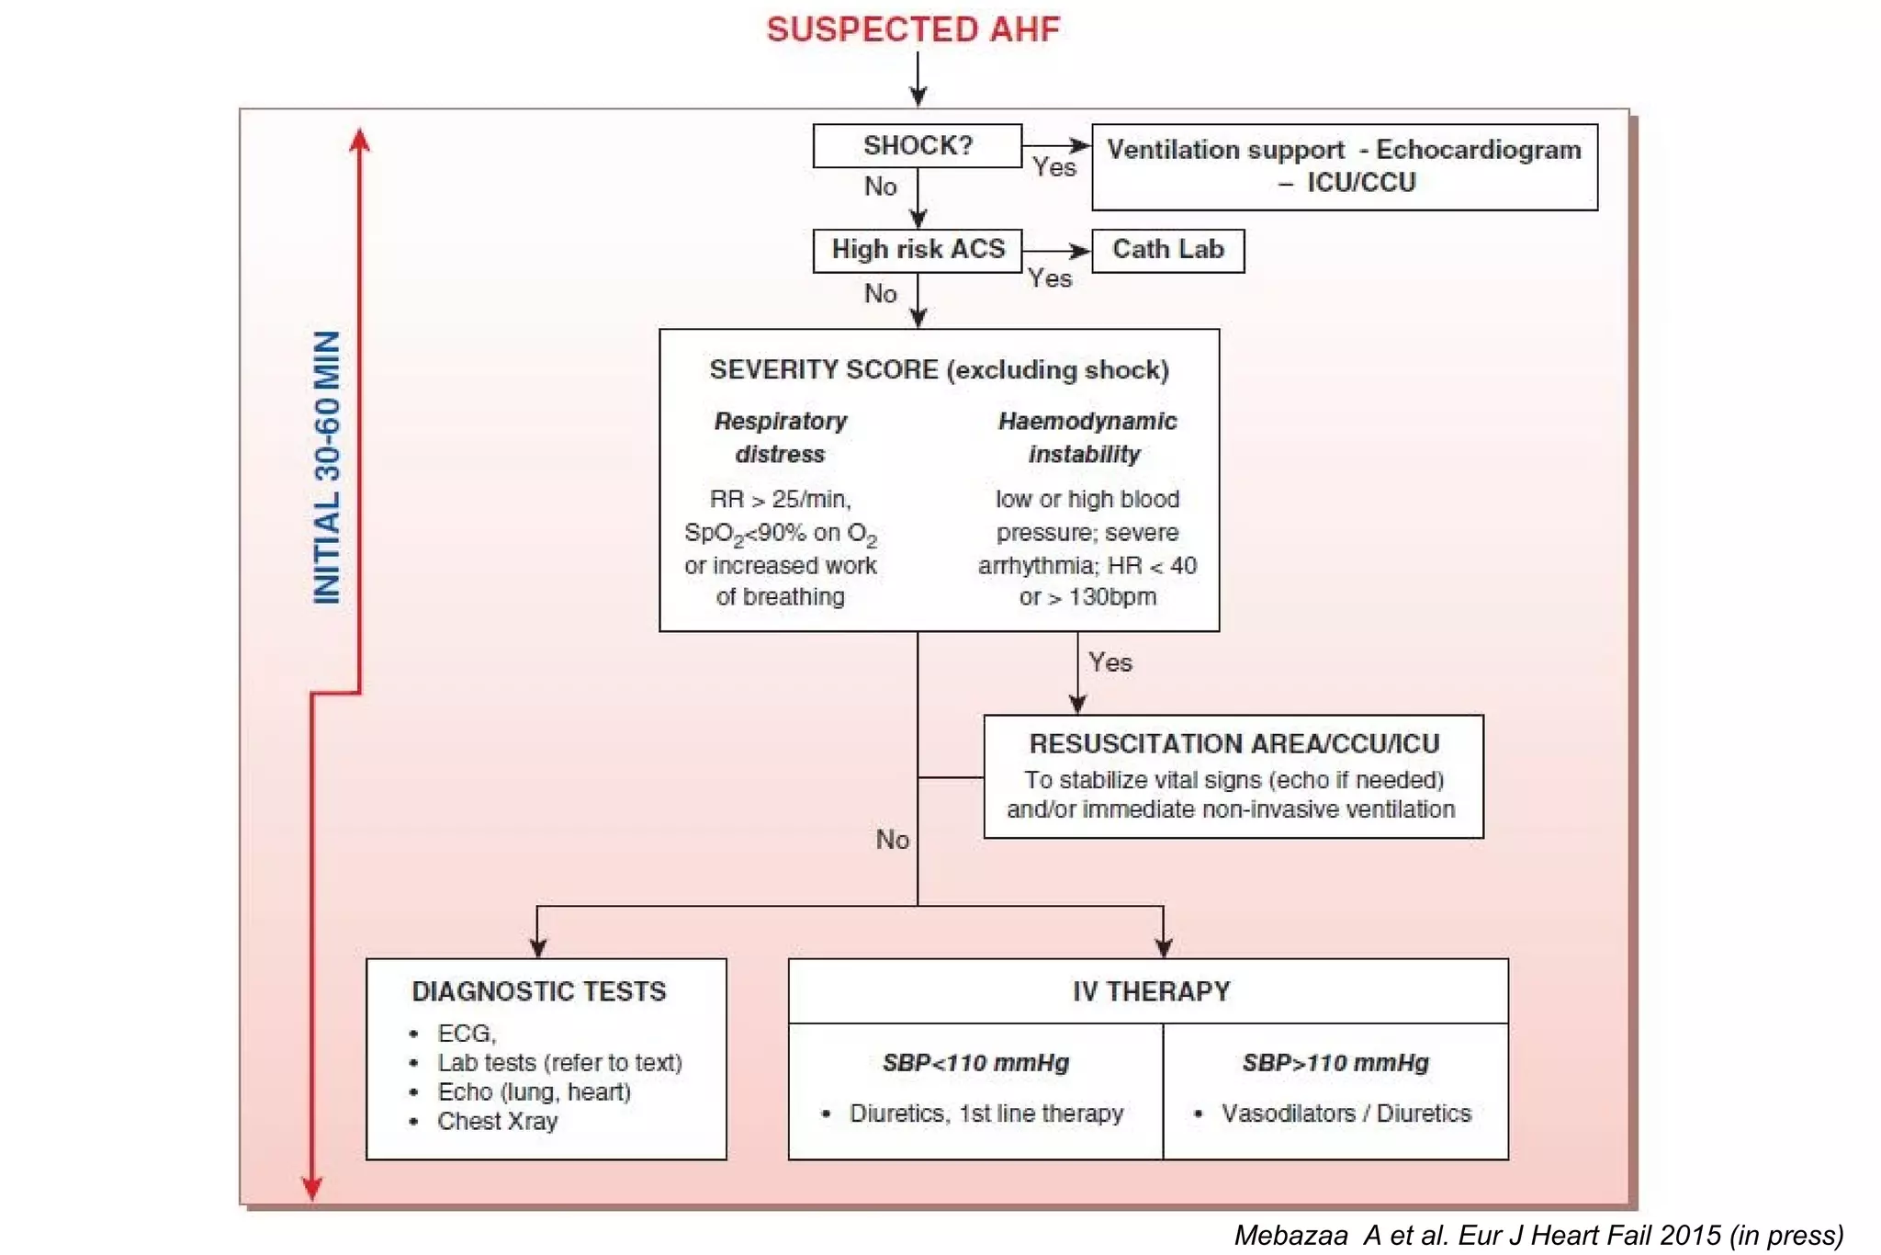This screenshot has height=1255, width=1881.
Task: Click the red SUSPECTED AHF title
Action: point(913,29)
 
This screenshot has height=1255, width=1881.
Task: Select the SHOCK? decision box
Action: point(917,146)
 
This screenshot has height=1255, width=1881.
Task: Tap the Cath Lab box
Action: point(1167,250)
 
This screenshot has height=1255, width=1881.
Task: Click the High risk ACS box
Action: point(918,250)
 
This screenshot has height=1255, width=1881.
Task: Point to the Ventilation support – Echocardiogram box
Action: point(1344,166)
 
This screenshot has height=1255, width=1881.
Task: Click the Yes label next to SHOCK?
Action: point(1053,168)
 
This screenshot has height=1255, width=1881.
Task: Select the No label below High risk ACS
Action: point(880,294)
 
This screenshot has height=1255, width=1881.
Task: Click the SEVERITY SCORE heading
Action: point(939,370)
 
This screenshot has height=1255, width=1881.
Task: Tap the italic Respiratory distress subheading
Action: point(781,437)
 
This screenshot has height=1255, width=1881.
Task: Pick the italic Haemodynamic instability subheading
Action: point(1087,437)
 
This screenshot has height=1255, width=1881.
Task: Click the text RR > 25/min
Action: point(781,499)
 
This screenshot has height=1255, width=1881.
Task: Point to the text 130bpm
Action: point(1111,597)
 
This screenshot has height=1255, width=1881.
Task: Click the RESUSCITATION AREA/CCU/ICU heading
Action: point(1233,743)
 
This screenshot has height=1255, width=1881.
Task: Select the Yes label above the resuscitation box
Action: point(1109,662)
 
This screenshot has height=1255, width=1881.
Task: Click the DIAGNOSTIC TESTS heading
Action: point(539,991)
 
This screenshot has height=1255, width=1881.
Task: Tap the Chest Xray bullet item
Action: point(497,1121)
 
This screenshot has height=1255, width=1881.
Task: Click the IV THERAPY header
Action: point(1151,991)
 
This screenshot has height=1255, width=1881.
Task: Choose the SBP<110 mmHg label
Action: point(975,1063)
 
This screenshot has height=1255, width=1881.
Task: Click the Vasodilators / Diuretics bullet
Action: point(1346,1114)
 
